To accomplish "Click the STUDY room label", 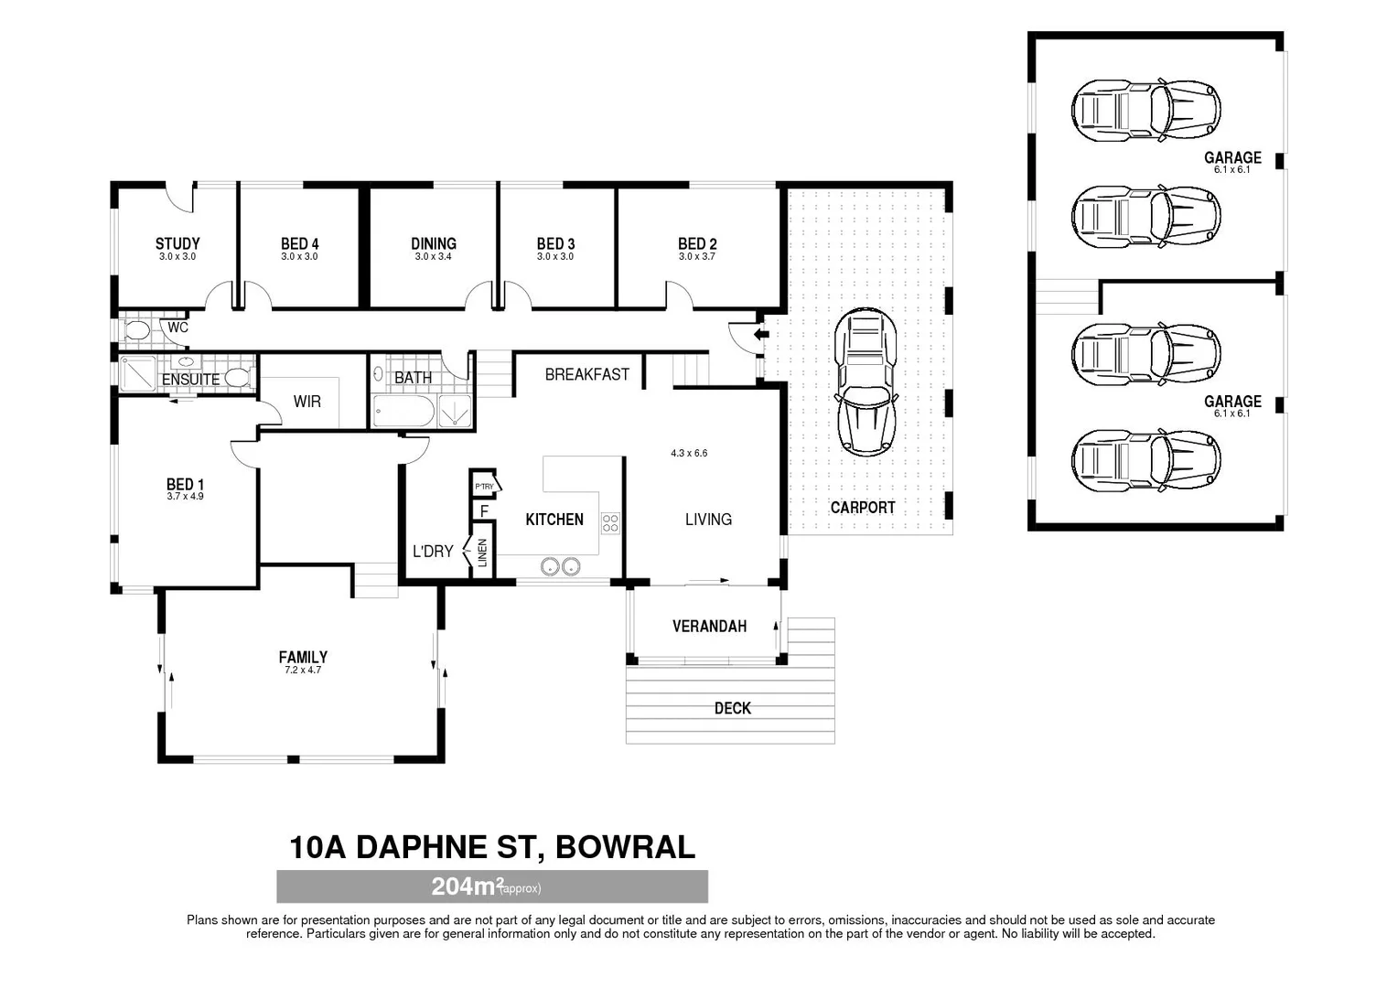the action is (x=177, y=243).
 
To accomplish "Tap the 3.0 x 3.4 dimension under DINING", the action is (x=433, y=256).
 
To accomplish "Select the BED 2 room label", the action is (x=697, y=243).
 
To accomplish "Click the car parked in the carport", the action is (x=865, y=382).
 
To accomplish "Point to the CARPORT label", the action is (x=863, y=508).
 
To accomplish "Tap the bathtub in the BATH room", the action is (x=403, y=412).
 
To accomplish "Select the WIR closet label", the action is (x=307, y=402).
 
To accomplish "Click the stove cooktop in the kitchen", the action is (x=610, y=523).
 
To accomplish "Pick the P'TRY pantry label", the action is (x=484, y=486).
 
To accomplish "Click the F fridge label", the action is (x=484, y=511).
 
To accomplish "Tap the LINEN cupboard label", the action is (x=482, y=553).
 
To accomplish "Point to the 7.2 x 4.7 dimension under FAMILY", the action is (x=303, y=671).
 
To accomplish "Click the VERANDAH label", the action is (x=709, y=626).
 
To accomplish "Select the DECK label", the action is (x=733, y=708).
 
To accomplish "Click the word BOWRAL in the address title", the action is (x=625, y=847).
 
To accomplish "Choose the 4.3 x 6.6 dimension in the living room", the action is (x=689, y=453).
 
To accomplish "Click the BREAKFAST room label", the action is (x=586, y=374).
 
